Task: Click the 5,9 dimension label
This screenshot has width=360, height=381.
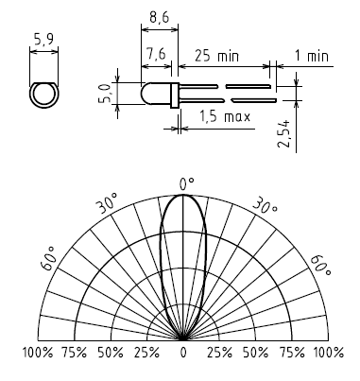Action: (43, 40)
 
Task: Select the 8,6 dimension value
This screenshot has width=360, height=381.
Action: (159, 17)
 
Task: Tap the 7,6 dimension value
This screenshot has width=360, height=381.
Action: (156, 53)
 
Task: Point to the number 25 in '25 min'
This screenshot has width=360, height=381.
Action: (202, 56)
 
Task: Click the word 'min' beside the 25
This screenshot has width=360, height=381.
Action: (229, 57)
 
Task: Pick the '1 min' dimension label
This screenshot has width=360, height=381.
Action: (312, 56)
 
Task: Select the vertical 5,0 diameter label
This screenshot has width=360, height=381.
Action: (104, 93)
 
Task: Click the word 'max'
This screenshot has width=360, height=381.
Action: (237, 117)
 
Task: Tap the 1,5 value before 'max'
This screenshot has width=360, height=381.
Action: (208, 116)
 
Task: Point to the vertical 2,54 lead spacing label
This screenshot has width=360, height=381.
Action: (283, 133)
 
